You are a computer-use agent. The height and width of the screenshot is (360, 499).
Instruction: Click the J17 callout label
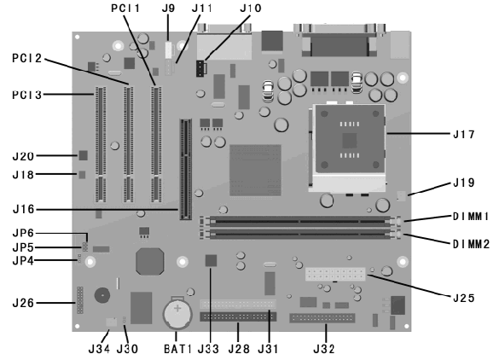click(x=464, y=134)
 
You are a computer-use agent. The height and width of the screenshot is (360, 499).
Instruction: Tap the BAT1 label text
click(x=178, y=349)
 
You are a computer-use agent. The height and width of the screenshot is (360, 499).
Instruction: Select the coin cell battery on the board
click(x=177, y=312)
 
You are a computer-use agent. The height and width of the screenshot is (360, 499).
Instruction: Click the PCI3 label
click(x=27, y=95)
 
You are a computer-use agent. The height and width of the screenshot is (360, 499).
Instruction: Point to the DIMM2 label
click(x=471, y=244)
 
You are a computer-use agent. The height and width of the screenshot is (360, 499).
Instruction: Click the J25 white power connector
click(x=335, y=274)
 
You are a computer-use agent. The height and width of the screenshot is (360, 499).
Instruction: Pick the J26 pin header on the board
click(x=79, y=300)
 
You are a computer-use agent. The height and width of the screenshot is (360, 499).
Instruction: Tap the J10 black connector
click(x=200, y=68)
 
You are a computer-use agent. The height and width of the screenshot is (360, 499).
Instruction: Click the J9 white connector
click(x=169, y=50)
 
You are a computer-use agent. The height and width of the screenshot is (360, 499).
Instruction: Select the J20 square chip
click(x=83, y=155)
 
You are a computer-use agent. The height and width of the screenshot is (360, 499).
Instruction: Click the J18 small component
click(x=82, y=174)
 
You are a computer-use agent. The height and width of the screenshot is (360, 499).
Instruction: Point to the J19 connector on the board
click(x=402, y=195)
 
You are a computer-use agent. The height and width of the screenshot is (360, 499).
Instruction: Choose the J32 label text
click(x=324, y=349)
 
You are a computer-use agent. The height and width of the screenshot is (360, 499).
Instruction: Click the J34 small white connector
click(x=111, y=322)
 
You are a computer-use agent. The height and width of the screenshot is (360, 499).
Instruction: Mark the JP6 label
click(x=23, y=233)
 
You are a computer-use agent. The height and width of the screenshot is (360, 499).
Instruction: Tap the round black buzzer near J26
click(x=102, y=295)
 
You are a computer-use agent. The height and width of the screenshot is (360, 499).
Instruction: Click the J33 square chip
click(x=211, y=260)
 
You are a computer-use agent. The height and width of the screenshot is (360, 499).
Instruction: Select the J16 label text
click(x=23, y=209)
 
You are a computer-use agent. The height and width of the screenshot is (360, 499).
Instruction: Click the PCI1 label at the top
click(x=125, y=9)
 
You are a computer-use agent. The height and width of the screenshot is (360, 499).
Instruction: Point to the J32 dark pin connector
click(x=322, y=318)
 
